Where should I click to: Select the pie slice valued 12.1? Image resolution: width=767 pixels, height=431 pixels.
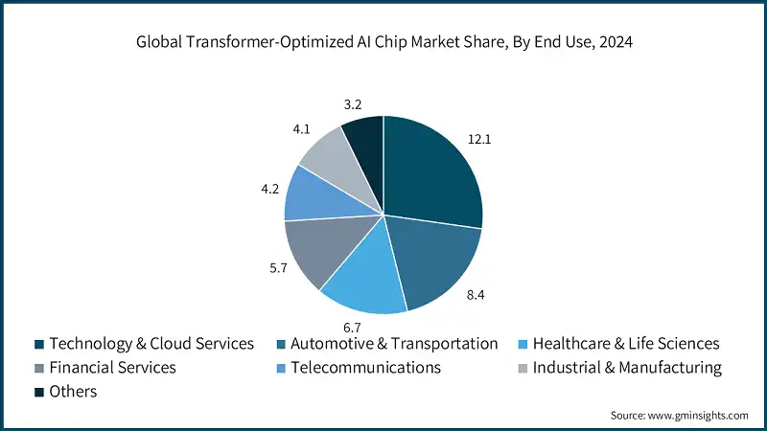[x=431, y=172]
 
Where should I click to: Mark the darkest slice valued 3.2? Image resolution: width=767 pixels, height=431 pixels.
[x=364, y=135]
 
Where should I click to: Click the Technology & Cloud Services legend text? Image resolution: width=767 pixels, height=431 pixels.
[x=151, y=343]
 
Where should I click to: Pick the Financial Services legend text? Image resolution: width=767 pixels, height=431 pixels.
[x=112, y=367]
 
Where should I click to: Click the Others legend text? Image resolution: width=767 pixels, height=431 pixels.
[x=73, y=392]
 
